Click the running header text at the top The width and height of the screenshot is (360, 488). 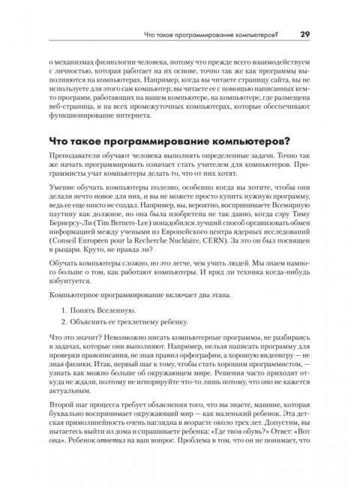(210, 34)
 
